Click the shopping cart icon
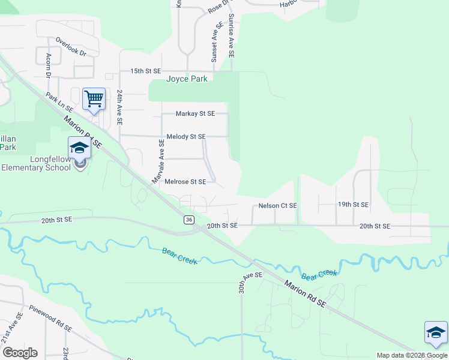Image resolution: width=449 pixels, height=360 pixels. click(94, 98)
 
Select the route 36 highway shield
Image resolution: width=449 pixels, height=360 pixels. click(189, 220)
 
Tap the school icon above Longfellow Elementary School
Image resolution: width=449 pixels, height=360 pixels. click(79, 147)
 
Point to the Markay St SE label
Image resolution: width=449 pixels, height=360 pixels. click(195, 113)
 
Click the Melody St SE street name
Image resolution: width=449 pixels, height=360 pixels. click(186, 137)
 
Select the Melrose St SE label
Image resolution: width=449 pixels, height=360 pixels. click(185, 182)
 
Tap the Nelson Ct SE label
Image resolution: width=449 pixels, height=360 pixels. click(277, 206)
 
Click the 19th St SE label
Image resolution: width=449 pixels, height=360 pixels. click(353, 205)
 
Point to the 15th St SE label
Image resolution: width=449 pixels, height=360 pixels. click(146, 71)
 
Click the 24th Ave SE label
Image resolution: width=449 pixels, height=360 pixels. click(119, 107)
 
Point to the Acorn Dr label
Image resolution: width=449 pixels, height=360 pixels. click(48, 64)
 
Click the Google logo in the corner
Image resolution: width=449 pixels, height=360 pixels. click(20, 353)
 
